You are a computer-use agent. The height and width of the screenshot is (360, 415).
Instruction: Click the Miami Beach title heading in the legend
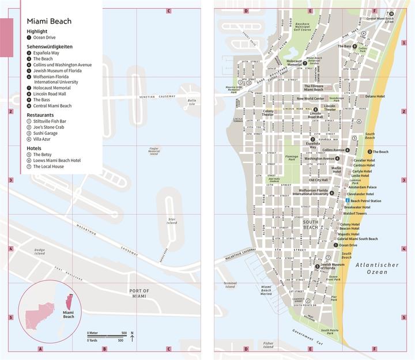(x=49, y=21)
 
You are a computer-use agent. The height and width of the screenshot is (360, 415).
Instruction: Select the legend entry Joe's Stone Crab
(x=49, y=127)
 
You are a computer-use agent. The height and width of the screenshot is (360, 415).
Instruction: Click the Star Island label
(x=172, y=221)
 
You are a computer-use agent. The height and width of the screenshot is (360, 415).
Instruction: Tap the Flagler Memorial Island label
(x=154, y=151)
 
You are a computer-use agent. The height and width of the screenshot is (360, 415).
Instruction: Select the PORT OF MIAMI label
(x=139, y=293)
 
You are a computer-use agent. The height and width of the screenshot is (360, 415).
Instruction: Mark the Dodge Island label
(x=40, y=252)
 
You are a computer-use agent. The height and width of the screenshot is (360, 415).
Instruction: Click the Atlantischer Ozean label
(x=373, y=268)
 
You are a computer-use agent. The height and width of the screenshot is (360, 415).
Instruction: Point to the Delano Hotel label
(x=375, y=97)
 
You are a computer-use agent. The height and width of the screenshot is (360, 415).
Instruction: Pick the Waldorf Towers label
(x=356, y=214)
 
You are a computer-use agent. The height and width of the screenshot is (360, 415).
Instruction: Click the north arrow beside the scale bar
(x=132, y=336)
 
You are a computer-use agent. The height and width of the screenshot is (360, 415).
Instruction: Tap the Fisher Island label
(x=269, y=345)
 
